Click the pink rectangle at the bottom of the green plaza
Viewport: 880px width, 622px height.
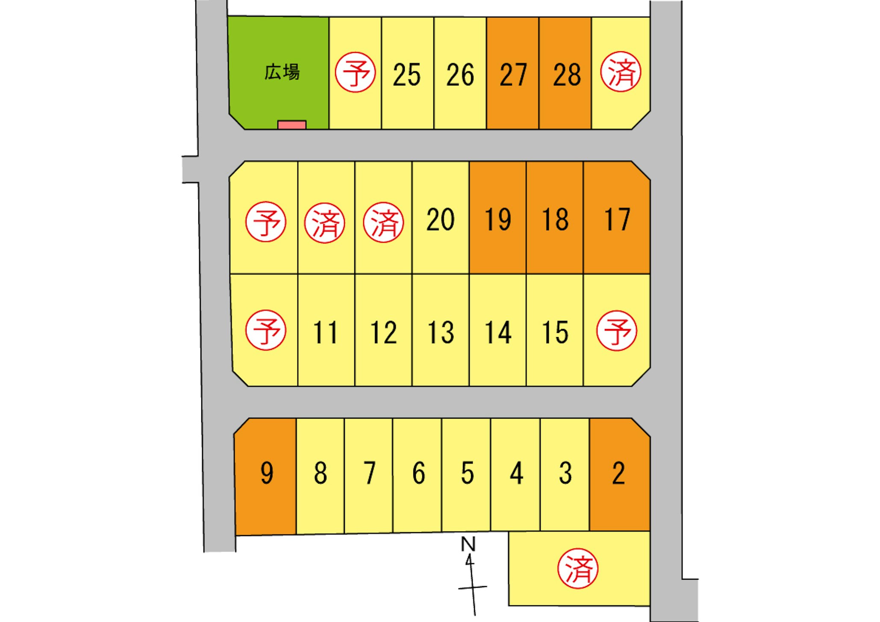pyautogui.click(x=292, y=125)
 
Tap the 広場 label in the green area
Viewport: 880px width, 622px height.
pyautogui.click(x=282, y=72)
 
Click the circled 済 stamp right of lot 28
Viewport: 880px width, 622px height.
pyautogui.click(x=621, y=72)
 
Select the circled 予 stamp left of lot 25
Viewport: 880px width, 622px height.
pyautogui.click(x=355, y=72)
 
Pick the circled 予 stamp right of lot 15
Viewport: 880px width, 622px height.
pyautogui.click(x=617, y=331)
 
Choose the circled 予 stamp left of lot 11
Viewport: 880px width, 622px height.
pyautogui.click(x=266, y=330)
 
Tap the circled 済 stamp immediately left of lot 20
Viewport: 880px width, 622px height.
pyautogui.click(x=383, y=223)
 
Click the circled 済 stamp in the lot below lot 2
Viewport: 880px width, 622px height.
pyautogui.click(x=578, y=569)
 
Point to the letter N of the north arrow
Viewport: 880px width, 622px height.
pyautogui.click(x=468, y=544)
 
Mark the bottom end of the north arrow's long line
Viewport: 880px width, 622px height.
pyautogui.click(x=475, y=616)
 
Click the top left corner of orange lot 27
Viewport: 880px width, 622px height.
pyautogui.click(x=486, y=18)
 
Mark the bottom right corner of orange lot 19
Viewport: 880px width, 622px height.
pyautogui.click(x=526, y=274)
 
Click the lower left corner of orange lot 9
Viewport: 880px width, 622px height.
pyautogui.click(x=235, y=535)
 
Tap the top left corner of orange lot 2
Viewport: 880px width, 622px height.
pyautogui.click(x=589, y=418)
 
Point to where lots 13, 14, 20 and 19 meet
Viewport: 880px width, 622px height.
pyautogui.click(x=469, y=274)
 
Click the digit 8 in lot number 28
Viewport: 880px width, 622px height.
pyautogui.click(x=574, y=75)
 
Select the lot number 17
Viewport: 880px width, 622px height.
pyautogui.click(x=617, y=220)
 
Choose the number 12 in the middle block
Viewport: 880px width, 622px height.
pyautogui.click(x=383, y=332)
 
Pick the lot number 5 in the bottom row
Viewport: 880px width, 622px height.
pyautogui.click(x=467, y=473)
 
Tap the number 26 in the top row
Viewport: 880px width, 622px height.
pyautogui.click(x=460, y=75)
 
